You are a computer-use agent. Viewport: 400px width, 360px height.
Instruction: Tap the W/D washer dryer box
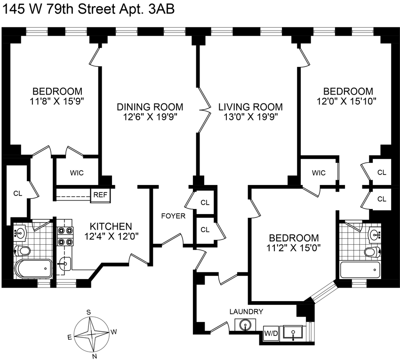(x=270, y=334)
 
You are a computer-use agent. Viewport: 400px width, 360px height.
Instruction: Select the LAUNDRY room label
(x=246, y=312)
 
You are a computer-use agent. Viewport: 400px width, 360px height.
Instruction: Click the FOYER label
(x=173, y=216)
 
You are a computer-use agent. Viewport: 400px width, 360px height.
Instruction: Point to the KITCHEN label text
(x=111, y=226)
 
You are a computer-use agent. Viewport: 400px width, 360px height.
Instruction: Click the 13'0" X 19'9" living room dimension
(x=250, y=117)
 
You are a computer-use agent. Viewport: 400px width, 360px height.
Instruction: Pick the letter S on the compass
(x=88, y=312)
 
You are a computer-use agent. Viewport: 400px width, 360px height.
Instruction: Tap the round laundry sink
(x=244, y=325)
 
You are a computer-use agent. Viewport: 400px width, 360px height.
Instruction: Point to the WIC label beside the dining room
(x=77, y=173)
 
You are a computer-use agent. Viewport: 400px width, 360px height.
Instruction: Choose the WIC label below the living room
(x=319, y=173)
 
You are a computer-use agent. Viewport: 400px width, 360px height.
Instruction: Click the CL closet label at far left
(x=18, y=193)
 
